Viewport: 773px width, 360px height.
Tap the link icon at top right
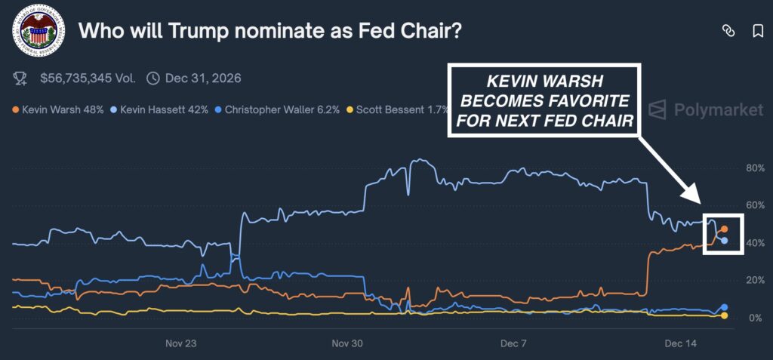coord(728,31)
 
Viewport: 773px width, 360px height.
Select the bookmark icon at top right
coord(758,31)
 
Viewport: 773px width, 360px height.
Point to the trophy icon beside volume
coord(20,78)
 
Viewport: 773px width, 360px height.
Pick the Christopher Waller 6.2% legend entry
coord(279,109)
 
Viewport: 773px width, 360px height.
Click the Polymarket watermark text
coord(716,109)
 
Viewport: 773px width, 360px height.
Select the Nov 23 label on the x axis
coord(180,343)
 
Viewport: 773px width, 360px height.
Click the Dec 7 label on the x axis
coord(513,343)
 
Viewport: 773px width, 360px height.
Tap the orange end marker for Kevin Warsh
coord(724,229)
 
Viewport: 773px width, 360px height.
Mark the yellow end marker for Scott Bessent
coord(724,315)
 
